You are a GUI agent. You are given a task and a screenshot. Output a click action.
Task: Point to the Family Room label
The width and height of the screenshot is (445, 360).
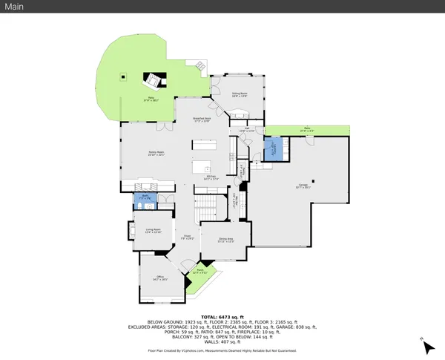click(156, 153)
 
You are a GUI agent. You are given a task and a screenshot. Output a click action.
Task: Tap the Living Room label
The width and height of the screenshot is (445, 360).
click(153, 232)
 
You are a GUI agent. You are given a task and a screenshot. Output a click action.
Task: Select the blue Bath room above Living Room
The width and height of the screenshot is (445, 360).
click(146, 198)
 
